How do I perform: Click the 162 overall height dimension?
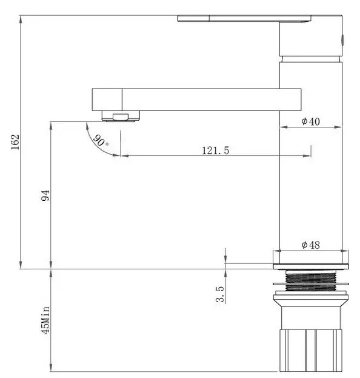[15, 142]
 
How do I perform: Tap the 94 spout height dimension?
[45, 195]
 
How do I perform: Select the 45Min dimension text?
[45, 320]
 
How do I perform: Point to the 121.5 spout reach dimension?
[216, 150]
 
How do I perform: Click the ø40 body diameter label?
[311, 121]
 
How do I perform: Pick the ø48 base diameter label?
[311, 245]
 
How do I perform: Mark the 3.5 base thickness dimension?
[220, 294]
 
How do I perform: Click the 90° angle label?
[101, 141]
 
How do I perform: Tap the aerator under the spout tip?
[121, 116]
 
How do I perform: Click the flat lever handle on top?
[244, 18]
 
